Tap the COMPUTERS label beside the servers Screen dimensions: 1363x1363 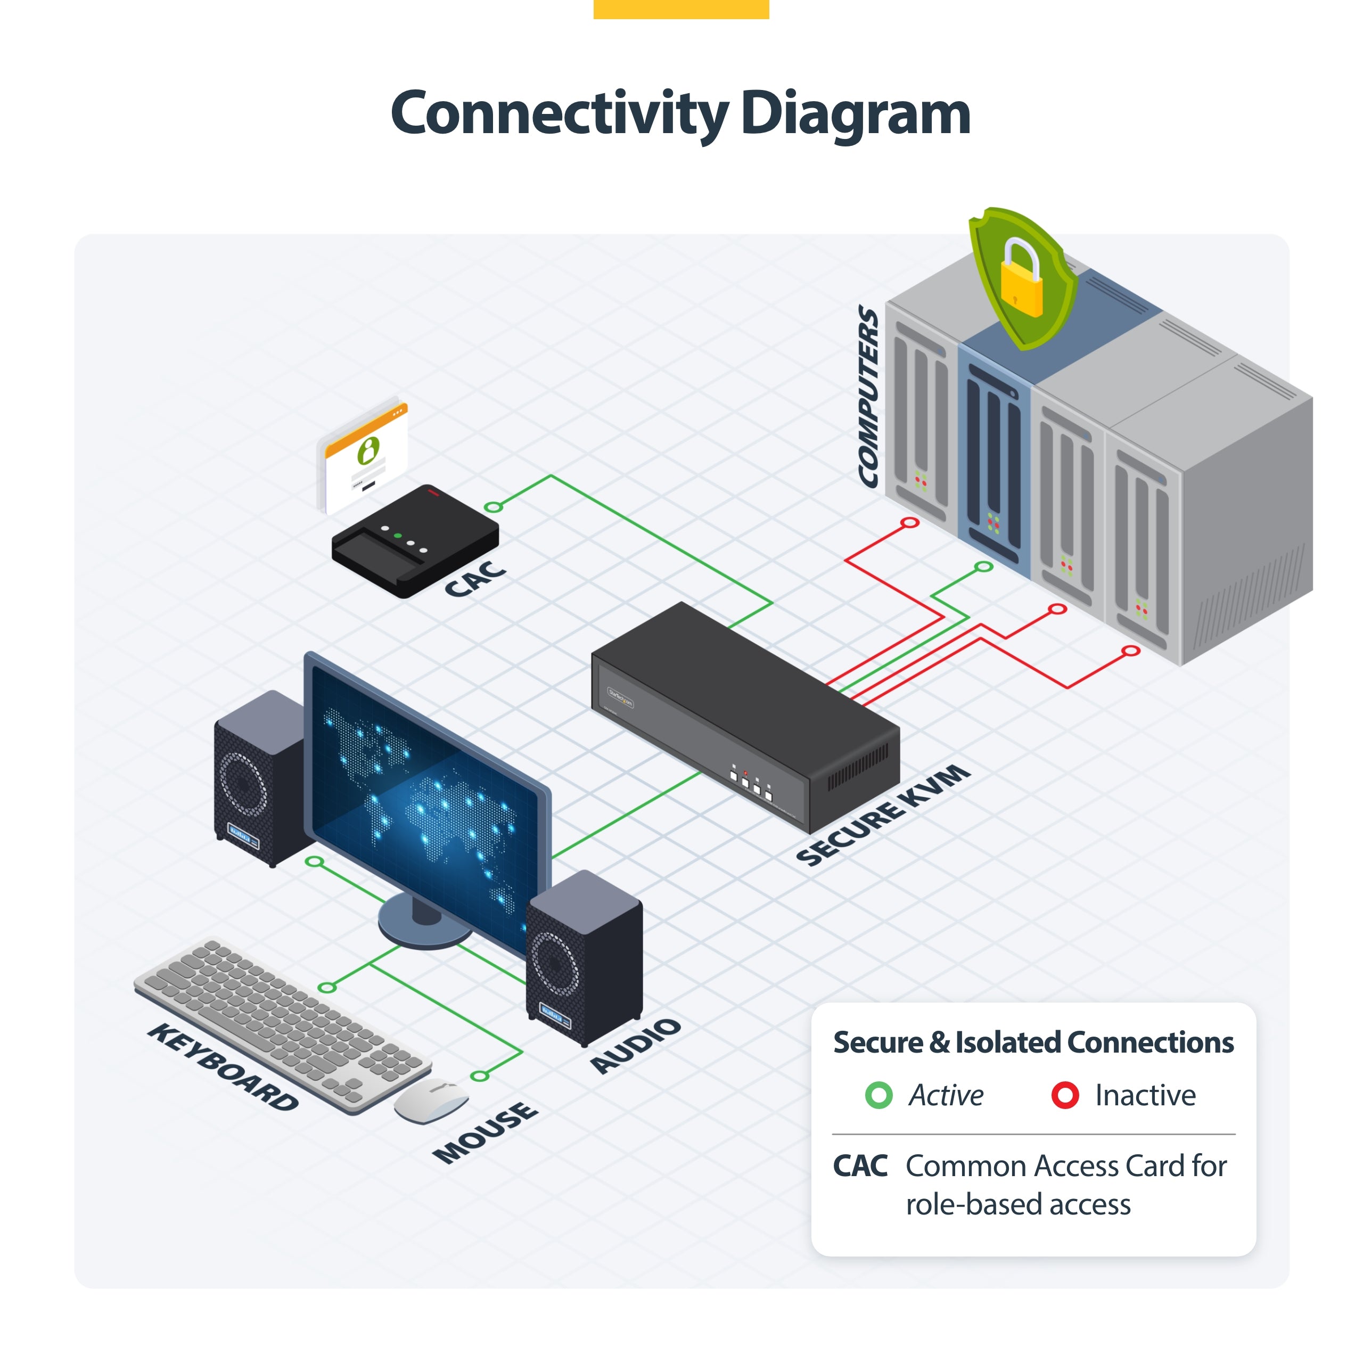[x=868, y=397]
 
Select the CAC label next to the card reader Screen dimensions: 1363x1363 [x=475, y=579]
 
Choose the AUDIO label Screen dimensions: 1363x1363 [x=636, y=1046]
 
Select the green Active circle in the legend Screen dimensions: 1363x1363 [x=879, y=1095]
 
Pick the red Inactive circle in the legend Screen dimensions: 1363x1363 [x=1065, y=1095]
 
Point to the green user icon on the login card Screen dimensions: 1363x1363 [x=368, y=449]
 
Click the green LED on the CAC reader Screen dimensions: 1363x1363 [x=398, y=536]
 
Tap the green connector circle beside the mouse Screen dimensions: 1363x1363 [x=480, y=1076]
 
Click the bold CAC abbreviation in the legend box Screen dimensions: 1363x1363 [x=860, y=1165]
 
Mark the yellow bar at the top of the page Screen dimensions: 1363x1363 [x=681, y=9]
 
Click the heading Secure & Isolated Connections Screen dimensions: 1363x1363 [x=1033, y=1042]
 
